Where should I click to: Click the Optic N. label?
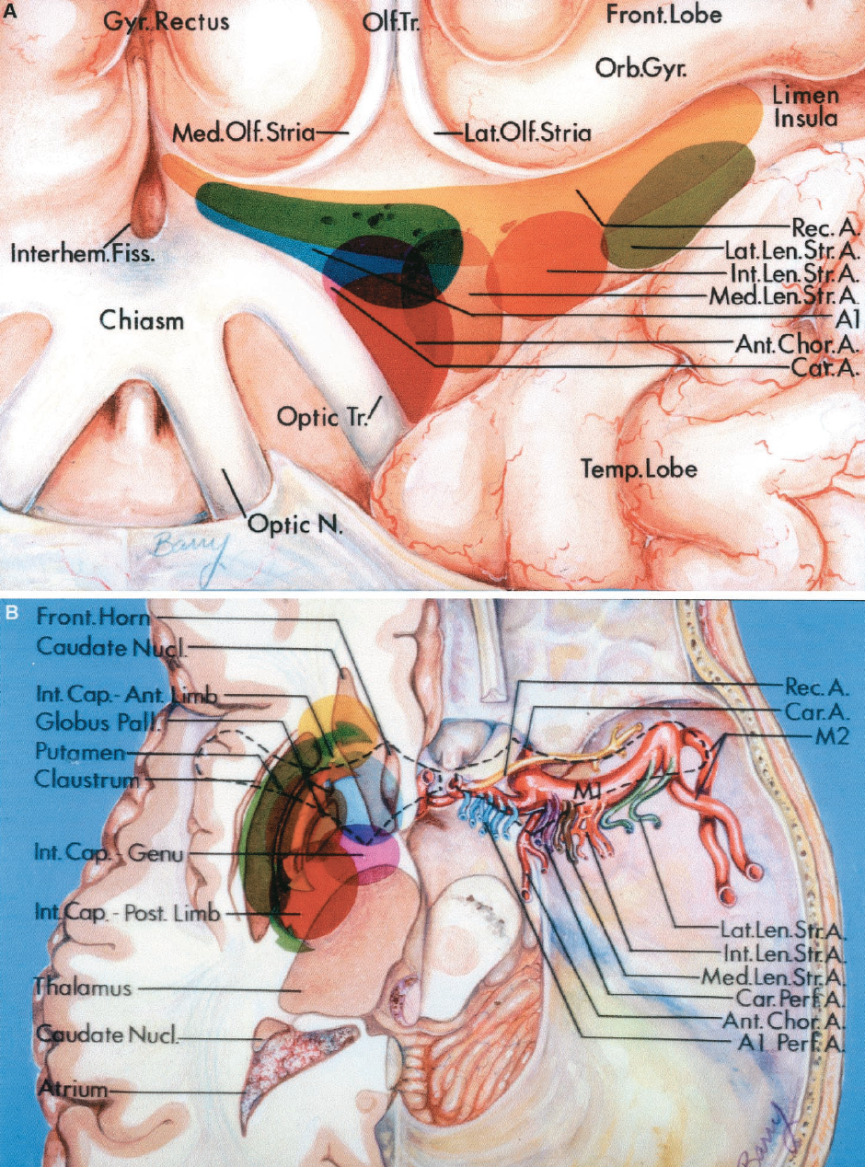coord(294,526)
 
